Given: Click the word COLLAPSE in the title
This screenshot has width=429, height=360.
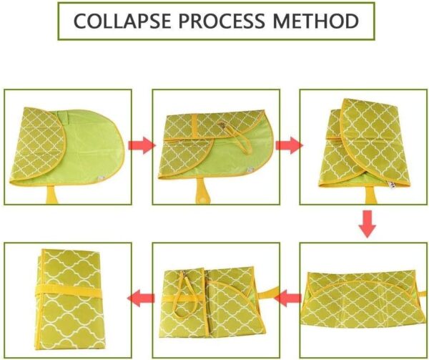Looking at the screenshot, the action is [122, 21].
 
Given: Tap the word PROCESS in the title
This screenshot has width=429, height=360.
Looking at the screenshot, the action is [222, 21].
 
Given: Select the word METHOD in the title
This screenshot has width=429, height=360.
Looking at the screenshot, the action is [315, 21].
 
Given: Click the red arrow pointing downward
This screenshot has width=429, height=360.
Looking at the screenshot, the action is [368, 224].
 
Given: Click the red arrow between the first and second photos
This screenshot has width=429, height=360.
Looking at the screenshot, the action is [142, 145].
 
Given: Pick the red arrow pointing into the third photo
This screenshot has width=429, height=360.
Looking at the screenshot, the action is [289, 145].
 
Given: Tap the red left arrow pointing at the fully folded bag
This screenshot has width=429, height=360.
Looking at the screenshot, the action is [141, 298].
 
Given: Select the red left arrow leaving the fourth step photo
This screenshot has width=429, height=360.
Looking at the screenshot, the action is [288, 298].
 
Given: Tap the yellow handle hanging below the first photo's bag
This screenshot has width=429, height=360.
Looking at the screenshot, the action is [52, 195].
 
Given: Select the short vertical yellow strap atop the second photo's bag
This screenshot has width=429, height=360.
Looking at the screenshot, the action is [194, 127].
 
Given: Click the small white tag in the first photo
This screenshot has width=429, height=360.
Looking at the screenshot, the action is [102, 178].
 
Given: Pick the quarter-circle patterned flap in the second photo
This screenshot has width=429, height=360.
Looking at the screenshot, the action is [186, 157].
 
